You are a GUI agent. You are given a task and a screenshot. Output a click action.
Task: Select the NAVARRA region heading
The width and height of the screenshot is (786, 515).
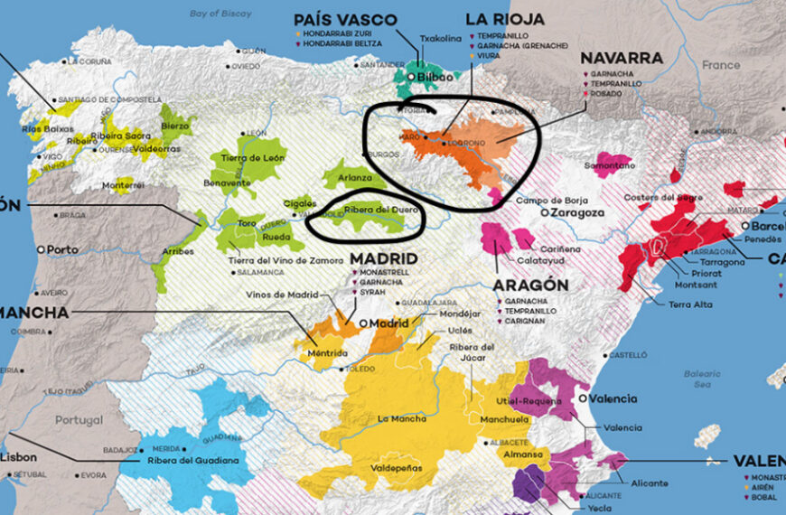[x=622, y=58]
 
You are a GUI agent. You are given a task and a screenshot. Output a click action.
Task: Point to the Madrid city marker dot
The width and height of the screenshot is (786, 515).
[x=361, y=323]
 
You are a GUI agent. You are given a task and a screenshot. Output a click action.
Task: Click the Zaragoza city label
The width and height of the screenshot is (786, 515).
[x=576, y=212]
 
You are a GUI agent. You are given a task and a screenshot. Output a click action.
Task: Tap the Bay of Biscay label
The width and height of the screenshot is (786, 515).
[x=222, y=13]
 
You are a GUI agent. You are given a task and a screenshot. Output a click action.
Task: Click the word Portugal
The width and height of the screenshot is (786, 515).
[x=80, y=420]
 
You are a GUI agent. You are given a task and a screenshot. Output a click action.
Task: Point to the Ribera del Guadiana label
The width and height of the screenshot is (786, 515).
[x=193, y=461]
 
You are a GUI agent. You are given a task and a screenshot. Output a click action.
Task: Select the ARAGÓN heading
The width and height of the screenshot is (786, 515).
[x=530, y=284]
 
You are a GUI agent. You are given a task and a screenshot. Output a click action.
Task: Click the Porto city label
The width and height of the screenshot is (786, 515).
[x=62, y=248]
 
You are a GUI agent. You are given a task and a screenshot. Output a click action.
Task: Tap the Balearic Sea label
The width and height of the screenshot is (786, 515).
[x=701, y=378]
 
